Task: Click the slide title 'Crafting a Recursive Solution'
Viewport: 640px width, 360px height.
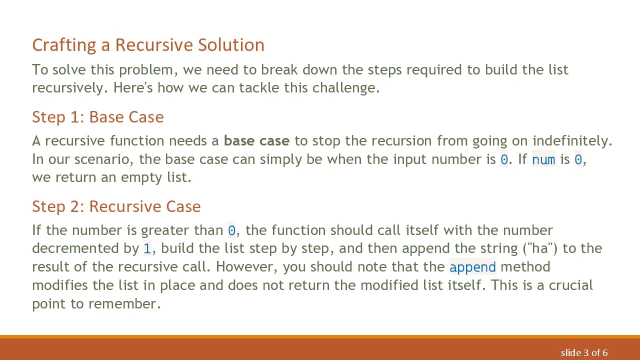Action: point(148,45)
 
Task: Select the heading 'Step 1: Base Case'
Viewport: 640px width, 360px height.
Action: point(97,117)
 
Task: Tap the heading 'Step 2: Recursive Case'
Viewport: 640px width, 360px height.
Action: point(116,206)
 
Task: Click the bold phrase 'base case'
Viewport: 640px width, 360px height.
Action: point(256,141)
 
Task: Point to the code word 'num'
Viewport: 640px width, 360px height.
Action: point(543,160)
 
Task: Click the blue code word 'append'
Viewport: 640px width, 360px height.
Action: point(472,267)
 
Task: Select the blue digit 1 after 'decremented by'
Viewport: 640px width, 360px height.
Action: point(147,248)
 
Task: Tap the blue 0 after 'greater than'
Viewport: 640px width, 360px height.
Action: point(231,230)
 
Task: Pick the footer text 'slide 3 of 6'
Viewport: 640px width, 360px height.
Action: point(584,353)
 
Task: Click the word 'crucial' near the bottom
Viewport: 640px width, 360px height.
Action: point(570,285)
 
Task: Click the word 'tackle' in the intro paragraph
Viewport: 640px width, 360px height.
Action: point(259,88)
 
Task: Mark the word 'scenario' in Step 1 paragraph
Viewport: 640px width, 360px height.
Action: point(103,159)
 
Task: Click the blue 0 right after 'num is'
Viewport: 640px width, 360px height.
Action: point(578,160)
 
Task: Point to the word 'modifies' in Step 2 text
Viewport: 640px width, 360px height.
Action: point(60,285)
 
